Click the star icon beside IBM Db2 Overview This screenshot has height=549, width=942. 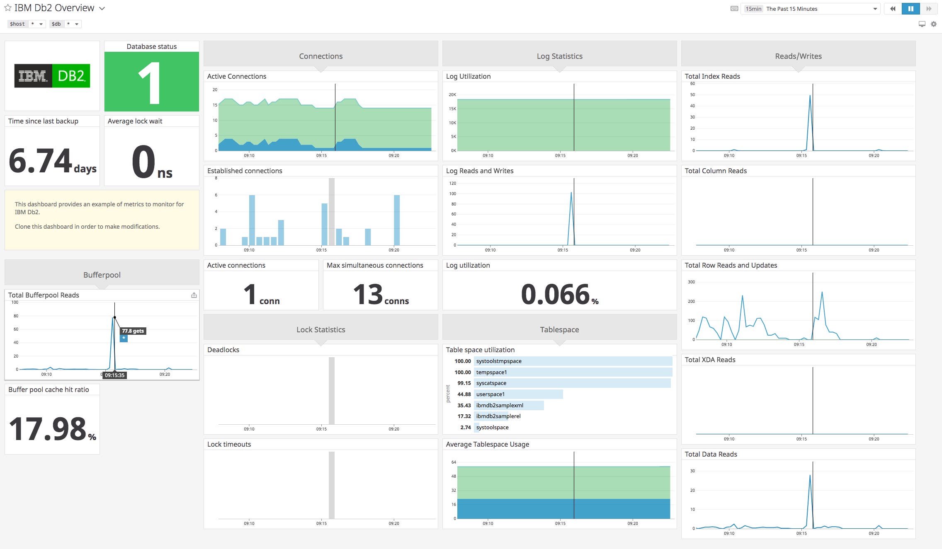(x=7, y=8)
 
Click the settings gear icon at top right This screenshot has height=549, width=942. (x=933, y=24)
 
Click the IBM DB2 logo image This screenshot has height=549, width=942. (x=52, y=76)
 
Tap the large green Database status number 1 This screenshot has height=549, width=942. (x=151, y=83)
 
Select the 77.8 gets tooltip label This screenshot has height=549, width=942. (x=133, y=331)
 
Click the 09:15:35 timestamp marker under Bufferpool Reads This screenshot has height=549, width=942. (x=114, y=375)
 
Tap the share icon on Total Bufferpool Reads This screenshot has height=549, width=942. (x=194, y=295)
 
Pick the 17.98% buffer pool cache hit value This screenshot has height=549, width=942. (x=52, y=429)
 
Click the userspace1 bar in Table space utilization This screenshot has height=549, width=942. (x=518, y=394)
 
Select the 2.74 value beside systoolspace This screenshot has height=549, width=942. (x=465, y=427)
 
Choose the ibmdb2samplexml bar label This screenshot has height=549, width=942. (x=500, y=405)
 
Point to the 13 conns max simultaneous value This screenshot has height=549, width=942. (x=380, y=295)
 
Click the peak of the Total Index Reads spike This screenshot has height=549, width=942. (x=810, y=96)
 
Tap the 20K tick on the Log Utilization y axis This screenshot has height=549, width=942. (x=452, y=94)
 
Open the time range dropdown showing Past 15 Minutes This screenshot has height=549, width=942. (x=811, y=9)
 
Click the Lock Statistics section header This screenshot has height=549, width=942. (x=320, y=329)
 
